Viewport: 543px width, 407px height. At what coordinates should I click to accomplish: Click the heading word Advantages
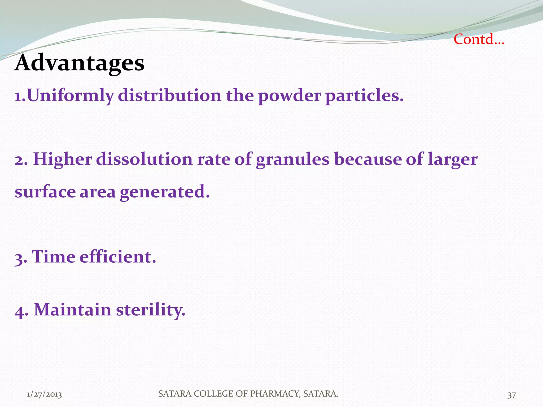click(x=80, y=63)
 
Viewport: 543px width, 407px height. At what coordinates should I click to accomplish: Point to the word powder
click(x=289, y=96)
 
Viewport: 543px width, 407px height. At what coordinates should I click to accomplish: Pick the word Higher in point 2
click(x=63, y=160)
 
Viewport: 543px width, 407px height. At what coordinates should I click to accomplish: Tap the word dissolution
click(x=144, y=160)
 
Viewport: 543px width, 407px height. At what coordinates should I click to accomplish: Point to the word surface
click(x=45, y=192)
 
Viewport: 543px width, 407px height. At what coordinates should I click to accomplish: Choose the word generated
click(x=165, y=192)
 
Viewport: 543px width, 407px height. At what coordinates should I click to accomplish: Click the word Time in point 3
click(x=54, y=257)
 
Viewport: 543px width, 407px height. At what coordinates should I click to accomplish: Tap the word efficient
click(x=118, y=257)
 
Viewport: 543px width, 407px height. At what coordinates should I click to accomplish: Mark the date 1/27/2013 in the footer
click(x=44, y=395)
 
